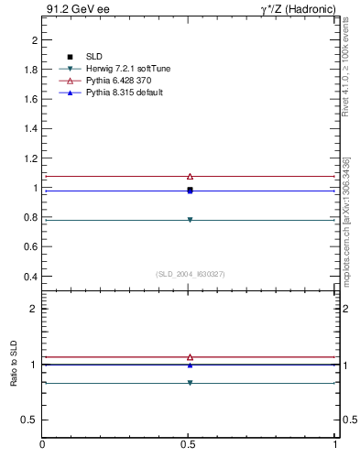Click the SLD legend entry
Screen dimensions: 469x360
tap(93, 58)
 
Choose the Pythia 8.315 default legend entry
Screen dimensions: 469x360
tap(118, 93)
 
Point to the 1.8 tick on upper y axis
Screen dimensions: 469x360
tap(30, 71)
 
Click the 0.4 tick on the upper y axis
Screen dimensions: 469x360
tap(30, 277)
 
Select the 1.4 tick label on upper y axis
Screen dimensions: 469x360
tap(30, 129)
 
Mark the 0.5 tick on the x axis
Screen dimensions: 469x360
tap(189, 445)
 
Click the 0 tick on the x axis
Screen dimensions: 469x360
tap(42, 445)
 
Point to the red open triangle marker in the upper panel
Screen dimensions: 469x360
tap(190, 176)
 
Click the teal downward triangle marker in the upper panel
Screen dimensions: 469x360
tap(190, 220)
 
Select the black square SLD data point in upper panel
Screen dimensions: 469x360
tap(190, 189)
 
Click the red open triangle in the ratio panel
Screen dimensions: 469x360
tap(190, 357)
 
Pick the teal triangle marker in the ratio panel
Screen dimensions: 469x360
tap(190, 383)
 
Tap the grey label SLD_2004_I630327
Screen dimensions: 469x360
tap(190, 274)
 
